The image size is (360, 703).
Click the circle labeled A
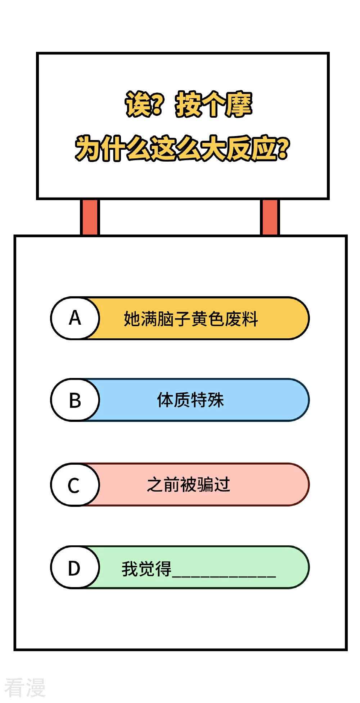(x=75, y=318)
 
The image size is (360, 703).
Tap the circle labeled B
(x=75, y=400)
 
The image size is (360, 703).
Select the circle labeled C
(x=75, y=485)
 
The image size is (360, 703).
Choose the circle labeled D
(x=75, y=568)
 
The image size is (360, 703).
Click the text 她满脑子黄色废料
(x=191, y=319)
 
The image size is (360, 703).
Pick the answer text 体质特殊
(x=190, y=400)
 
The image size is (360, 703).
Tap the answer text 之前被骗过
(x=188, y=485)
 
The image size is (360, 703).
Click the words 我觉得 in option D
(x=146, y=569)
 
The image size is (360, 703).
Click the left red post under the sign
(x=90, y=217)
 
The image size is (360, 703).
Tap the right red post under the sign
(x=270, y=217)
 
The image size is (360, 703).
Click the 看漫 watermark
(x=25, y=688)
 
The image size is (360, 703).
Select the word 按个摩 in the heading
(x=214, y=104)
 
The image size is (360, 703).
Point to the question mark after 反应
(x=283, y=148)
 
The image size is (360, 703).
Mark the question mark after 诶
(x=158, y=104)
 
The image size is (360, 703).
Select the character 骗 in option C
(x=205, y=485)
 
